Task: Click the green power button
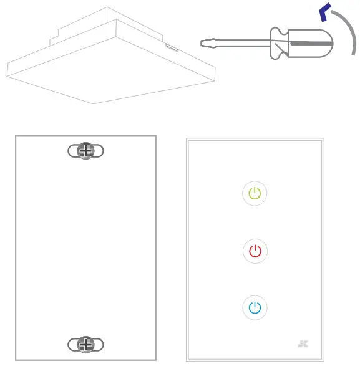coord(255,193)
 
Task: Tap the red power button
coord(255,251)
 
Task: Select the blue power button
coord(255,307)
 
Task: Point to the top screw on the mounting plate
coord(85,151)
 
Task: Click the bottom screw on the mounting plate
coord(85,344)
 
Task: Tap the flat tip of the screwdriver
coord(204,43)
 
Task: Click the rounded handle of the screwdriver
coord(312,44)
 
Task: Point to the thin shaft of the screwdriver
coord(237,43)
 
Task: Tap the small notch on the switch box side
coord(170,46)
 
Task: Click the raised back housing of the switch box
coord(81,25)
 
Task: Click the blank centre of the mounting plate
coord(85,249)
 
